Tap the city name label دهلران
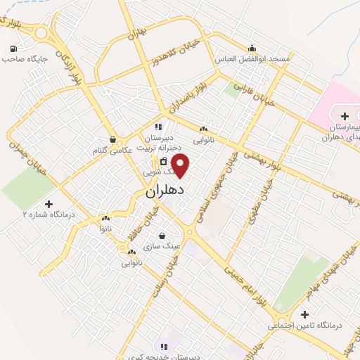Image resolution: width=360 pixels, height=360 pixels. [165, 191]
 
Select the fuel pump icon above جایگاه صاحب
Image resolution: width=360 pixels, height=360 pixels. [13, 49]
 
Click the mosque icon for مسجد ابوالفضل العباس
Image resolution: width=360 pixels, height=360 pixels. [252, 49]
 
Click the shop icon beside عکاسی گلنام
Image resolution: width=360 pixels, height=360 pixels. [113, 140]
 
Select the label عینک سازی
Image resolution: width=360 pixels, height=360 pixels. [162, 247]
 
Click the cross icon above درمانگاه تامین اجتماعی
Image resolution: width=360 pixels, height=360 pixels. [304, 314]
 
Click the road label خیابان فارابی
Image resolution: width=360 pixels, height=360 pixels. [257, 93]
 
